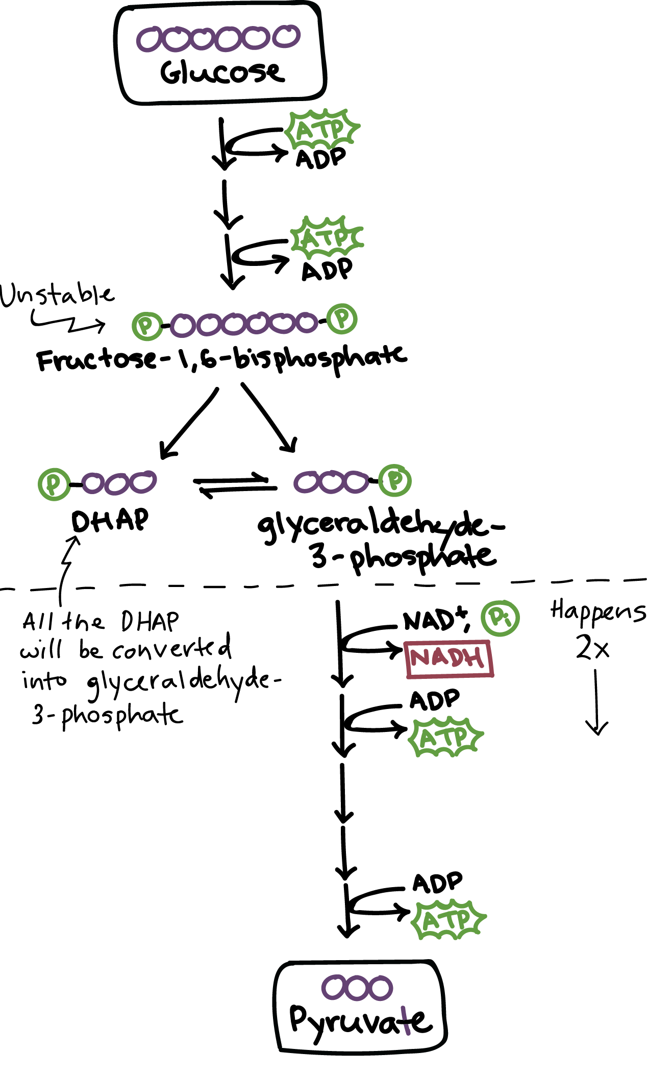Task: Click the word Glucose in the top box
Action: pos(222,72)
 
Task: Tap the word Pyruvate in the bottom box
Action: pos(360,1021)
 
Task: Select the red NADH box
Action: pos(449,659)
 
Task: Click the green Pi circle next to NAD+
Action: pos(501,618)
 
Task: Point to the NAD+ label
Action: pos(434,621)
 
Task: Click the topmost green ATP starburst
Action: pos(322,130)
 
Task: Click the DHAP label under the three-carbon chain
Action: pos(110,521)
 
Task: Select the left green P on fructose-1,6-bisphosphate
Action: pos(147,326)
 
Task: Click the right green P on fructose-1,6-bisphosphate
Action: pos(342,319)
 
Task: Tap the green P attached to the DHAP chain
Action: pos(54,483)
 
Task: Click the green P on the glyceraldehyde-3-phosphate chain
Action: pos(395,480)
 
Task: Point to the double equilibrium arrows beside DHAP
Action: pos(235,485)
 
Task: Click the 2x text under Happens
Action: pos(592,648)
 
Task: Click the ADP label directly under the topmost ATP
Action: pos(321,158)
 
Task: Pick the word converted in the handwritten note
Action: pos(171,649)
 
